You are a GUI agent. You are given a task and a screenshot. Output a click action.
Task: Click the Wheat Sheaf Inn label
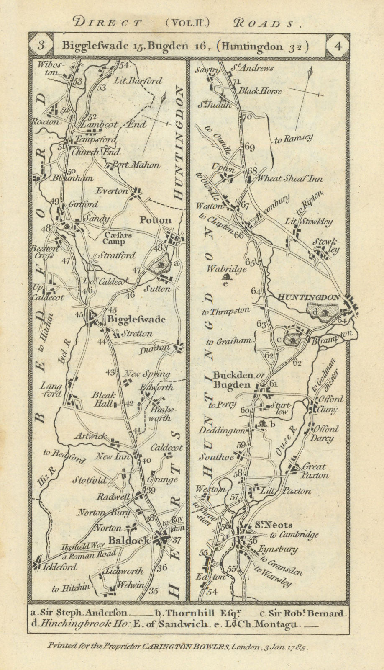coord(290,179)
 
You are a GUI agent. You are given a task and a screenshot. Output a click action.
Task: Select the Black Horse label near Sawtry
coord(260,91)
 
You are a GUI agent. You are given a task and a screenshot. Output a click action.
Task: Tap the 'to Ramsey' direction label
coord(294,140)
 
